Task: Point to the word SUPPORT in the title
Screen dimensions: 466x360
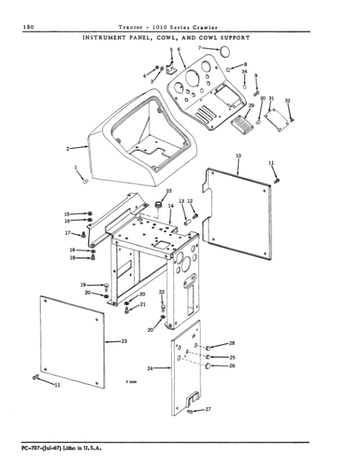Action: coord(233,38)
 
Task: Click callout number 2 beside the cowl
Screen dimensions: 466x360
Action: coord(68,147)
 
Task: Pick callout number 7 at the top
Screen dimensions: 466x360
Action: coord(200,47)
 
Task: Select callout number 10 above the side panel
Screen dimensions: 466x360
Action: coord(238,156)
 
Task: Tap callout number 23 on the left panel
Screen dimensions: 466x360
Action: coord(124,341)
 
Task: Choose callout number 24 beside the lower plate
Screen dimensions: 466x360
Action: coord(150,368)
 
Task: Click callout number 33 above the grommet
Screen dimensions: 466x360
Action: coord(160,190)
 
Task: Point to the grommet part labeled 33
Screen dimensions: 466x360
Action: coord(160,205)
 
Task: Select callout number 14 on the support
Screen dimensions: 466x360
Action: coord(170,206)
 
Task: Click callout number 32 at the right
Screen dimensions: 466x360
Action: coord(287,100)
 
